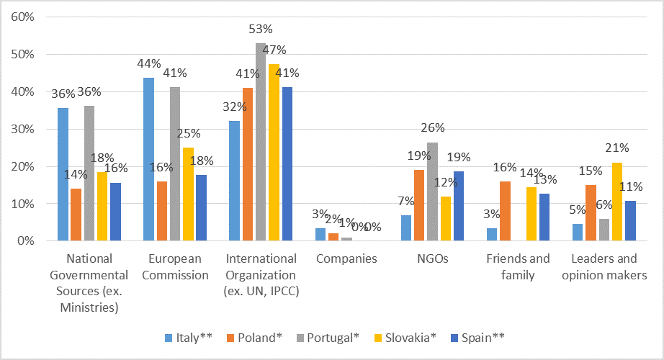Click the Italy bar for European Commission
click(149, 159)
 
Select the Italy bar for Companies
click(320, 235)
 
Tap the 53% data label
click(261, 30)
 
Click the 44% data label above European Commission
click(149, 63)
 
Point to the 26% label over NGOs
click(432, 128)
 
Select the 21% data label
click(616, 148)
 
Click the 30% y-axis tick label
click(22, 130)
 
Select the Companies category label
click(346, 258)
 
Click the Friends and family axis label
click(517, 266)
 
